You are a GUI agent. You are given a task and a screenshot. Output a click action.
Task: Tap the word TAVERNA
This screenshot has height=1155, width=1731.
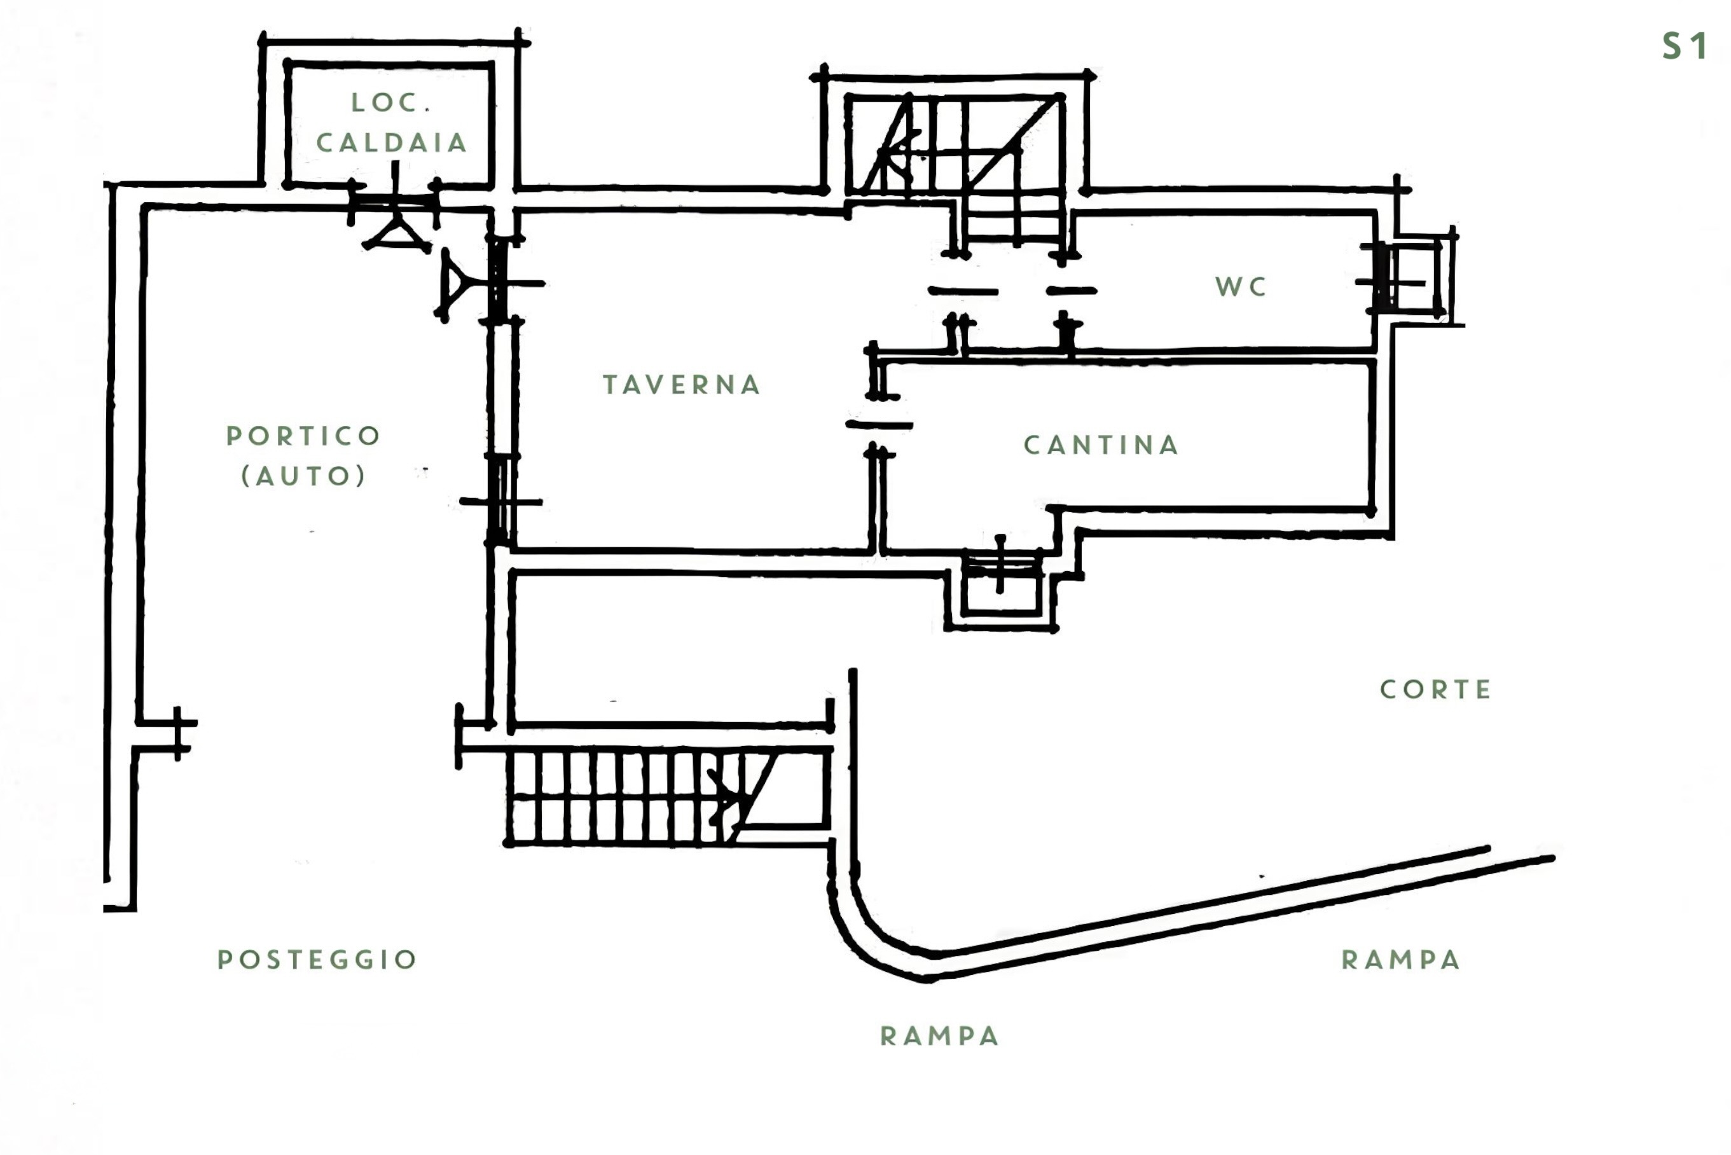coord(682,385)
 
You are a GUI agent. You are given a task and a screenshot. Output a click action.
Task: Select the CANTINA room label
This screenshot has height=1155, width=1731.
coord(1101,445)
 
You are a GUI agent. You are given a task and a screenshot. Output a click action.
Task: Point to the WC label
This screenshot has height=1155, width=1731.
coord(1241,287)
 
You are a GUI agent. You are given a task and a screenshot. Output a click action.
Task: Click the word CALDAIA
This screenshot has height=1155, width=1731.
coord(392,143)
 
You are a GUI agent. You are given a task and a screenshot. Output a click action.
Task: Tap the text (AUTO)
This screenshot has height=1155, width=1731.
coord(303,476)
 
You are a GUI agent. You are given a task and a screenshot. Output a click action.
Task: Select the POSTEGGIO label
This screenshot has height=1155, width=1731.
coord(317,959)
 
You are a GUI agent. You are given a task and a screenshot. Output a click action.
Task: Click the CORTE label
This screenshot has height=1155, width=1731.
coord(1436,689)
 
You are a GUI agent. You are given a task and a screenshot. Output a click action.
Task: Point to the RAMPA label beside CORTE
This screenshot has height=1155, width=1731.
coord(1401,960)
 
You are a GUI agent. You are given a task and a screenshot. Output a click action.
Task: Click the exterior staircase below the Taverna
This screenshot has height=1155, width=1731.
coord(666,796)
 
